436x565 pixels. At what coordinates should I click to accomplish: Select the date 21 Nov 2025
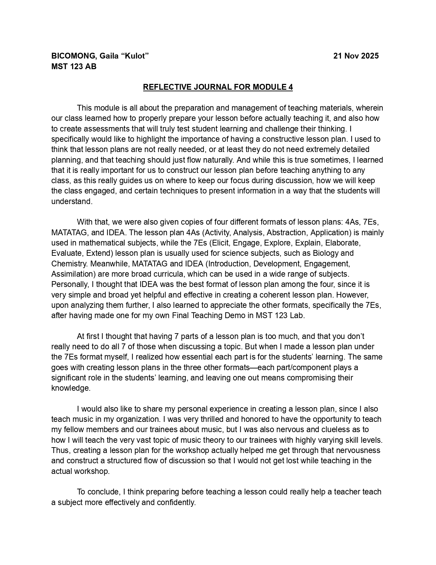click(x=356, y=56)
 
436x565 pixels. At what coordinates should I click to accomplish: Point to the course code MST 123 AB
click(x=74, y=66)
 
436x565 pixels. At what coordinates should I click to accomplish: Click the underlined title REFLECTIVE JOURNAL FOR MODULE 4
click(x=218, y=87)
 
